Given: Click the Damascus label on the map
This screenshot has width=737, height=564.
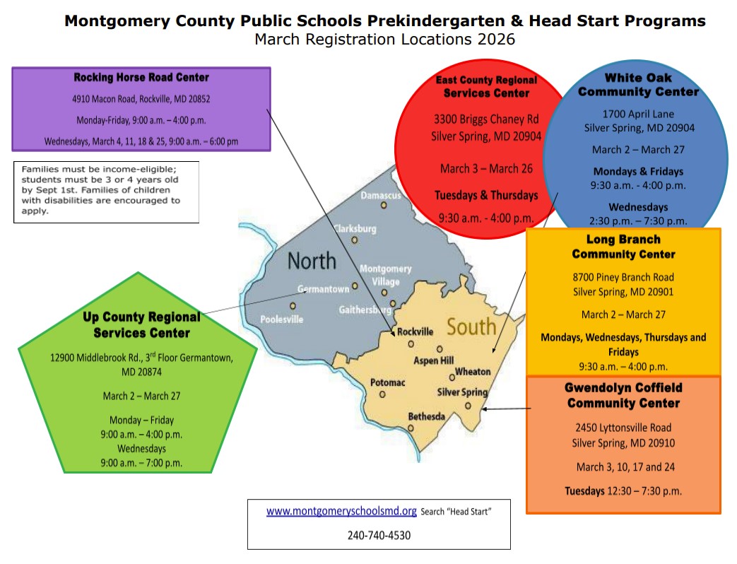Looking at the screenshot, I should [x=381, y=194].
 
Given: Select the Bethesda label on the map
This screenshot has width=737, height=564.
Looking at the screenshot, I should [x=427, y=416].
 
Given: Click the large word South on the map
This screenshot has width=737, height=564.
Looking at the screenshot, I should [x=471, y=327].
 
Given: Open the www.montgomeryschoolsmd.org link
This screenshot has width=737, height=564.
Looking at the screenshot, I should [x=341, y=511].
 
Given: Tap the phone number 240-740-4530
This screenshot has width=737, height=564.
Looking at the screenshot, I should [x=379, y=535].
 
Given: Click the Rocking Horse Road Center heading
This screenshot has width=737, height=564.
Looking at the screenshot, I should [x=141, y=77].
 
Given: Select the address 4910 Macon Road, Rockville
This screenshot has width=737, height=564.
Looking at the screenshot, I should [x=141, y=99].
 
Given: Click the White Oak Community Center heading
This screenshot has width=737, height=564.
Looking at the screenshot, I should [x=638, y=84].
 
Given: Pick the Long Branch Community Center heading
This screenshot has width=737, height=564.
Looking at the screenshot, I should [x=623, y=247].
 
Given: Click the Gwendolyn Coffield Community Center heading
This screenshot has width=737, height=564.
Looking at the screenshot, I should [x=623, y=396].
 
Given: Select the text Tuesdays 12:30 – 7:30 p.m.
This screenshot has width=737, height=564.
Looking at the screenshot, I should [x=623, y=490].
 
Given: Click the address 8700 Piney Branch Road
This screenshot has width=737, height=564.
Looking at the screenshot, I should [x=623, y=277].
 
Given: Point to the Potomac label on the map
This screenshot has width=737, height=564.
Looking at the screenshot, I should [x=388, y=382].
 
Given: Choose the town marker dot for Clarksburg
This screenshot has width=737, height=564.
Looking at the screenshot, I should [x=355, y=240].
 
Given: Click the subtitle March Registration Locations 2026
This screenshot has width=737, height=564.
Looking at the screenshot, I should [x=384, y=39].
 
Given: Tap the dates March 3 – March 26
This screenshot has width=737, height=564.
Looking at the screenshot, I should [x=486, y=168].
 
